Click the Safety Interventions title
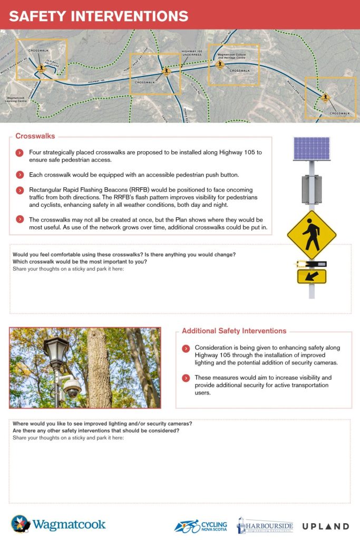(x=99, y=16)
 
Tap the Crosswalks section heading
(x=35, y=136)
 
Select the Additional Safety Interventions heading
(x=234, y=331)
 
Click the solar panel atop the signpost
(x=312, y=149)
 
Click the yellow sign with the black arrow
(x=312, y=276)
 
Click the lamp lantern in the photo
(x=56, y=351)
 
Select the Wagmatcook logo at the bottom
(x=59, y=524)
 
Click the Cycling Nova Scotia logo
(x=201, y=526)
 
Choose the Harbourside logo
(x=265, y=525)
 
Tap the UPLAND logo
(x=325, y=526)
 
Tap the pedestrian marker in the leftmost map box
(x=41, y=67)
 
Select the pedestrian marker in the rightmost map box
(x=325, y=97)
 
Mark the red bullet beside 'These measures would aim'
(x=186, y=378)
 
